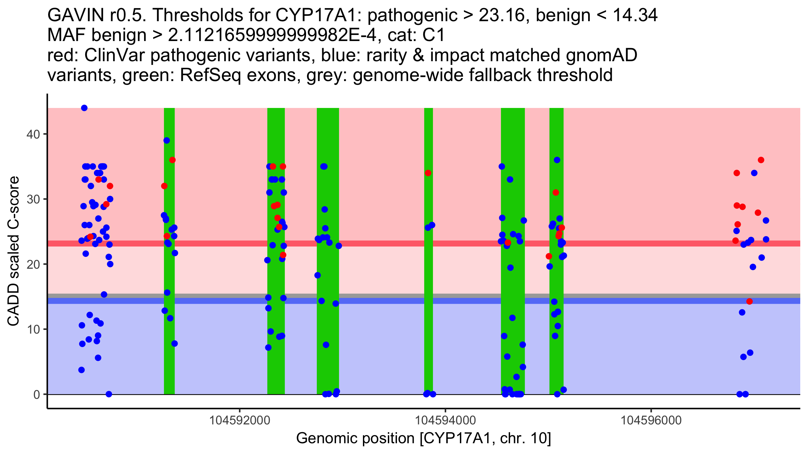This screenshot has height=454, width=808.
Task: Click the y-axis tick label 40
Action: pos(33,134)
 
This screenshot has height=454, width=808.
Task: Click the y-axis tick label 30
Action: pos(33,199)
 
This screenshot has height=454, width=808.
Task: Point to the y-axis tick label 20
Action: pos(33,264)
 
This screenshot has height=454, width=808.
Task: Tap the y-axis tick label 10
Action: pos(33,329)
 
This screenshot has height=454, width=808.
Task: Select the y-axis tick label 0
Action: pos(36,394)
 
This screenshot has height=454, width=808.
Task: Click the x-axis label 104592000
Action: pos(240,420)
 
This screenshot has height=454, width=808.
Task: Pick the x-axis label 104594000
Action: pos(445,420)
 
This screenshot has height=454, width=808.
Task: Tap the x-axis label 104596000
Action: pos(651,420)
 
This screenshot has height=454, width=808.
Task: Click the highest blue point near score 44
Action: pos(84,108)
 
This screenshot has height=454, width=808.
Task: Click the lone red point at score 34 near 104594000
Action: pos(428,173)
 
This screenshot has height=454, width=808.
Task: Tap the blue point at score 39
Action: pos(167,141)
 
